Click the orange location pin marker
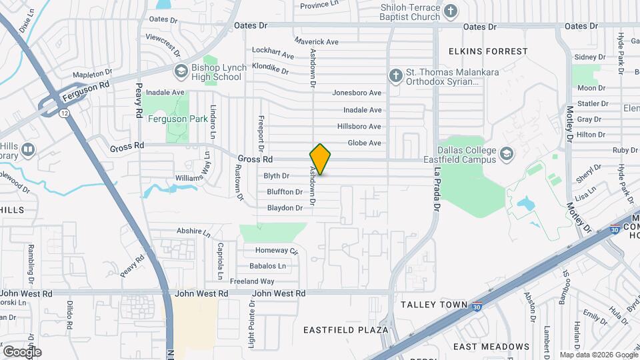click(x=320, y=159)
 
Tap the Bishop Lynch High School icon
click(x=181, y=71)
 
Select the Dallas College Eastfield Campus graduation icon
click(x=506, y=154)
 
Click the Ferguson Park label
click(x=159, y=120)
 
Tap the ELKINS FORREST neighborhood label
click(x=488, y=51)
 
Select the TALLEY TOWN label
click(x=434, y=305)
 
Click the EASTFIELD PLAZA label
click(x=345, y=330)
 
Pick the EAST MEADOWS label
click(x=491, y=347)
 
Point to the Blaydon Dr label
click(x=285, y=208)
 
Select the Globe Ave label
click(x=364, y=143)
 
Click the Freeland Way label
click(x=252, y=281)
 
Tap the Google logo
click(x=22, y=351)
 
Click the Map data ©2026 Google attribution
click(x=598, y=355)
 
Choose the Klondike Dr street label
click(x=270, y=70)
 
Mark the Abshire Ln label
click(x=193, y=231)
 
